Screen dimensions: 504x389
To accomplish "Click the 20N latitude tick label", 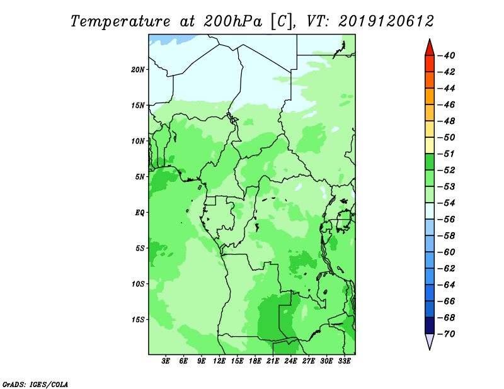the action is pyautogui.click(x=137, y=70).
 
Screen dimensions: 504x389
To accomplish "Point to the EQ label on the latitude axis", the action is pyautogui.click(x=140, y=213).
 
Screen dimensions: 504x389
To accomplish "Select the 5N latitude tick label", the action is pyautogui.click(x=140, y=177).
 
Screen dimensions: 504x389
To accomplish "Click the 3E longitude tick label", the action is pyautogui.click(x=166, y=361).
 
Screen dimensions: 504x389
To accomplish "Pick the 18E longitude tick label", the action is pyautogui.click(x=255, y=361).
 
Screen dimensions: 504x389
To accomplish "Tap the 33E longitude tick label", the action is pyautogui.click(x=344, y=361).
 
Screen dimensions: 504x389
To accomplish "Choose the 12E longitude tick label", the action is pyautogui.click(x=219, y=361).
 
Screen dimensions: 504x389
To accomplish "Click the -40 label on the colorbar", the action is pyautogui.click(x=446, y=55).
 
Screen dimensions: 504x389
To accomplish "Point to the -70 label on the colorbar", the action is pyautogui.click(x=446, y=334).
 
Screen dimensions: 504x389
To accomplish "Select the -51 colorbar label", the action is pyautogui.click(x=446, y=154).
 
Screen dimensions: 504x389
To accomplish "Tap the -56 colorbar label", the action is pyautogui.click(x=446, y=220).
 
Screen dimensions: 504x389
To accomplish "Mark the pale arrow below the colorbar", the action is pyautogui.click(x=430, y=341).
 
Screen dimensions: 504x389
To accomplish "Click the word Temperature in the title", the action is pyautogui.click(x=120, y=22).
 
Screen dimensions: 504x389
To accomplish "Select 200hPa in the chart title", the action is pyautogui.click(x=232, y=21).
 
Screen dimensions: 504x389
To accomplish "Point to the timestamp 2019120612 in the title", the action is pyautogui.click(x=386, y=21).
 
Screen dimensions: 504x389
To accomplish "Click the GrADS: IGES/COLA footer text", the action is pyautogui.click(x=35, y=385).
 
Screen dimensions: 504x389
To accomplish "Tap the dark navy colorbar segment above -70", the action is pyautogui.click(x=430, y=325).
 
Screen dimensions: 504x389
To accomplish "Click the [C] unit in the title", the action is pyautogui.click(x=282, y=22).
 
